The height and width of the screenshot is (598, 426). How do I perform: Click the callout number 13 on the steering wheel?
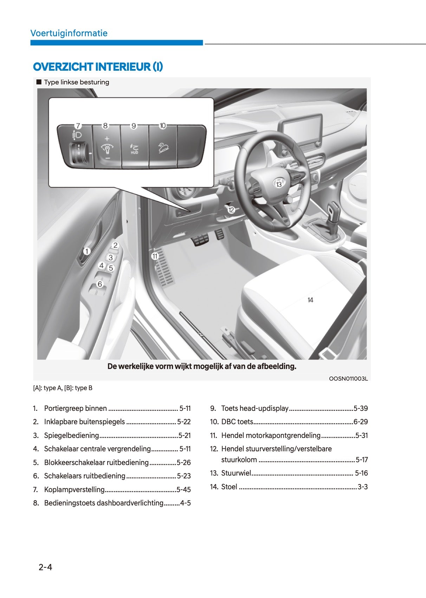point(279,184)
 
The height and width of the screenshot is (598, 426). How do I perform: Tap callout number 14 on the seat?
point(310,300)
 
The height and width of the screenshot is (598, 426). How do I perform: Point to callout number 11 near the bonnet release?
point(155,256)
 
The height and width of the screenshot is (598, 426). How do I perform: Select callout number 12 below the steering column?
point(231,210)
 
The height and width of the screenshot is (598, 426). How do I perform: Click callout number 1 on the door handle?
point(87,251)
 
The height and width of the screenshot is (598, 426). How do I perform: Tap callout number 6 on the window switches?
point(100,284)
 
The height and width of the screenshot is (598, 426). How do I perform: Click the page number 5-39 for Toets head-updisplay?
point(361,408)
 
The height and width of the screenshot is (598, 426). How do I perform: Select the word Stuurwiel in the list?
point(236,473)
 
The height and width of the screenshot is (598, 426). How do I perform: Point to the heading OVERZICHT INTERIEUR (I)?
point(98,67)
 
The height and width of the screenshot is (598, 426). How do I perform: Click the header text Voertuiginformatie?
point(69,33)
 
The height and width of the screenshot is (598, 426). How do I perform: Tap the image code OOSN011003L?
point(348,378)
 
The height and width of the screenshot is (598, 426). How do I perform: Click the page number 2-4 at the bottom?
point(45,567)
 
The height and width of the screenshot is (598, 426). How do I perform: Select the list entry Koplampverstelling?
point(74,490)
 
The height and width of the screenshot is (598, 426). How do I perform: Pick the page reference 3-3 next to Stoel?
point(362,487)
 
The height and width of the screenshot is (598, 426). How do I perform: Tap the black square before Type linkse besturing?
point(39,82)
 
